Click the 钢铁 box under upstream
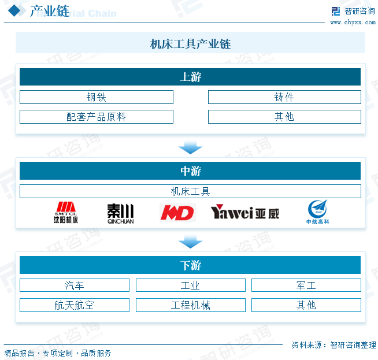[x=96, y=97]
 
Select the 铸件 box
[x=284, y=97]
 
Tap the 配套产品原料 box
[x=96, y=117]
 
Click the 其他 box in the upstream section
[x=284, y=117]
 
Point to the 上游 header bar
[x=190, y=77]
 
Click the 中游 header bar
[x=190, y=171]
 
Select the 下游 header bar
[x=190, y=265]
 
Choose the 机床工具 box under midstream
[x=190, y=191]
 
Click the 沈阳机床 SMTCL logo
[x=65, y=213]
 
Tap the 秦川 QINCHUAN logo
[x=120, y=213]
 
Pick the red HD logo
[x=177, y=213]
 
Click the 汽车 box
[x=75, y=285]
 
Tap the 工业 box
[x=190, y=285]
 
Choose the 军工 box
[x=306, y=285]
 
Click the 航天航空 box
[x=75, y=305]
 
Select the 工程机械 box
[x=190, y=305]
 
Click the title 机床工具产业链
[x=190, y=44]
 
